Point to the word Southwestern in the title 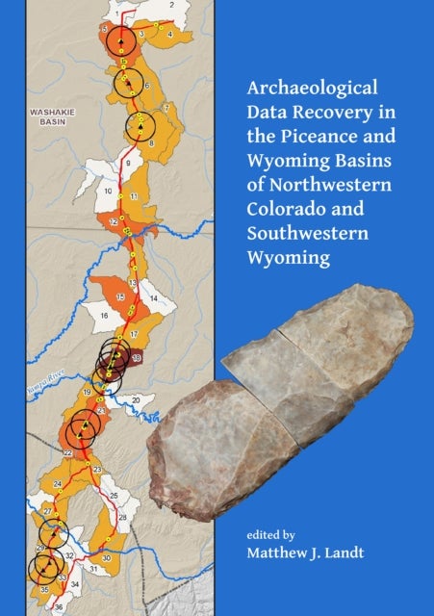pos(290,233)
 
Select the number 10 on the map pos(109,192)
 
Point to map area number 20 pos(137,398)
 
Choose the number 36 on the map pos(58,606)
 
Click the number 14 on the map pos(153,299)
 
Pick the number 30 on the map pos(106,558)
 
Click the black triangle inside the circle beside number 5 pos(120,42)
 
